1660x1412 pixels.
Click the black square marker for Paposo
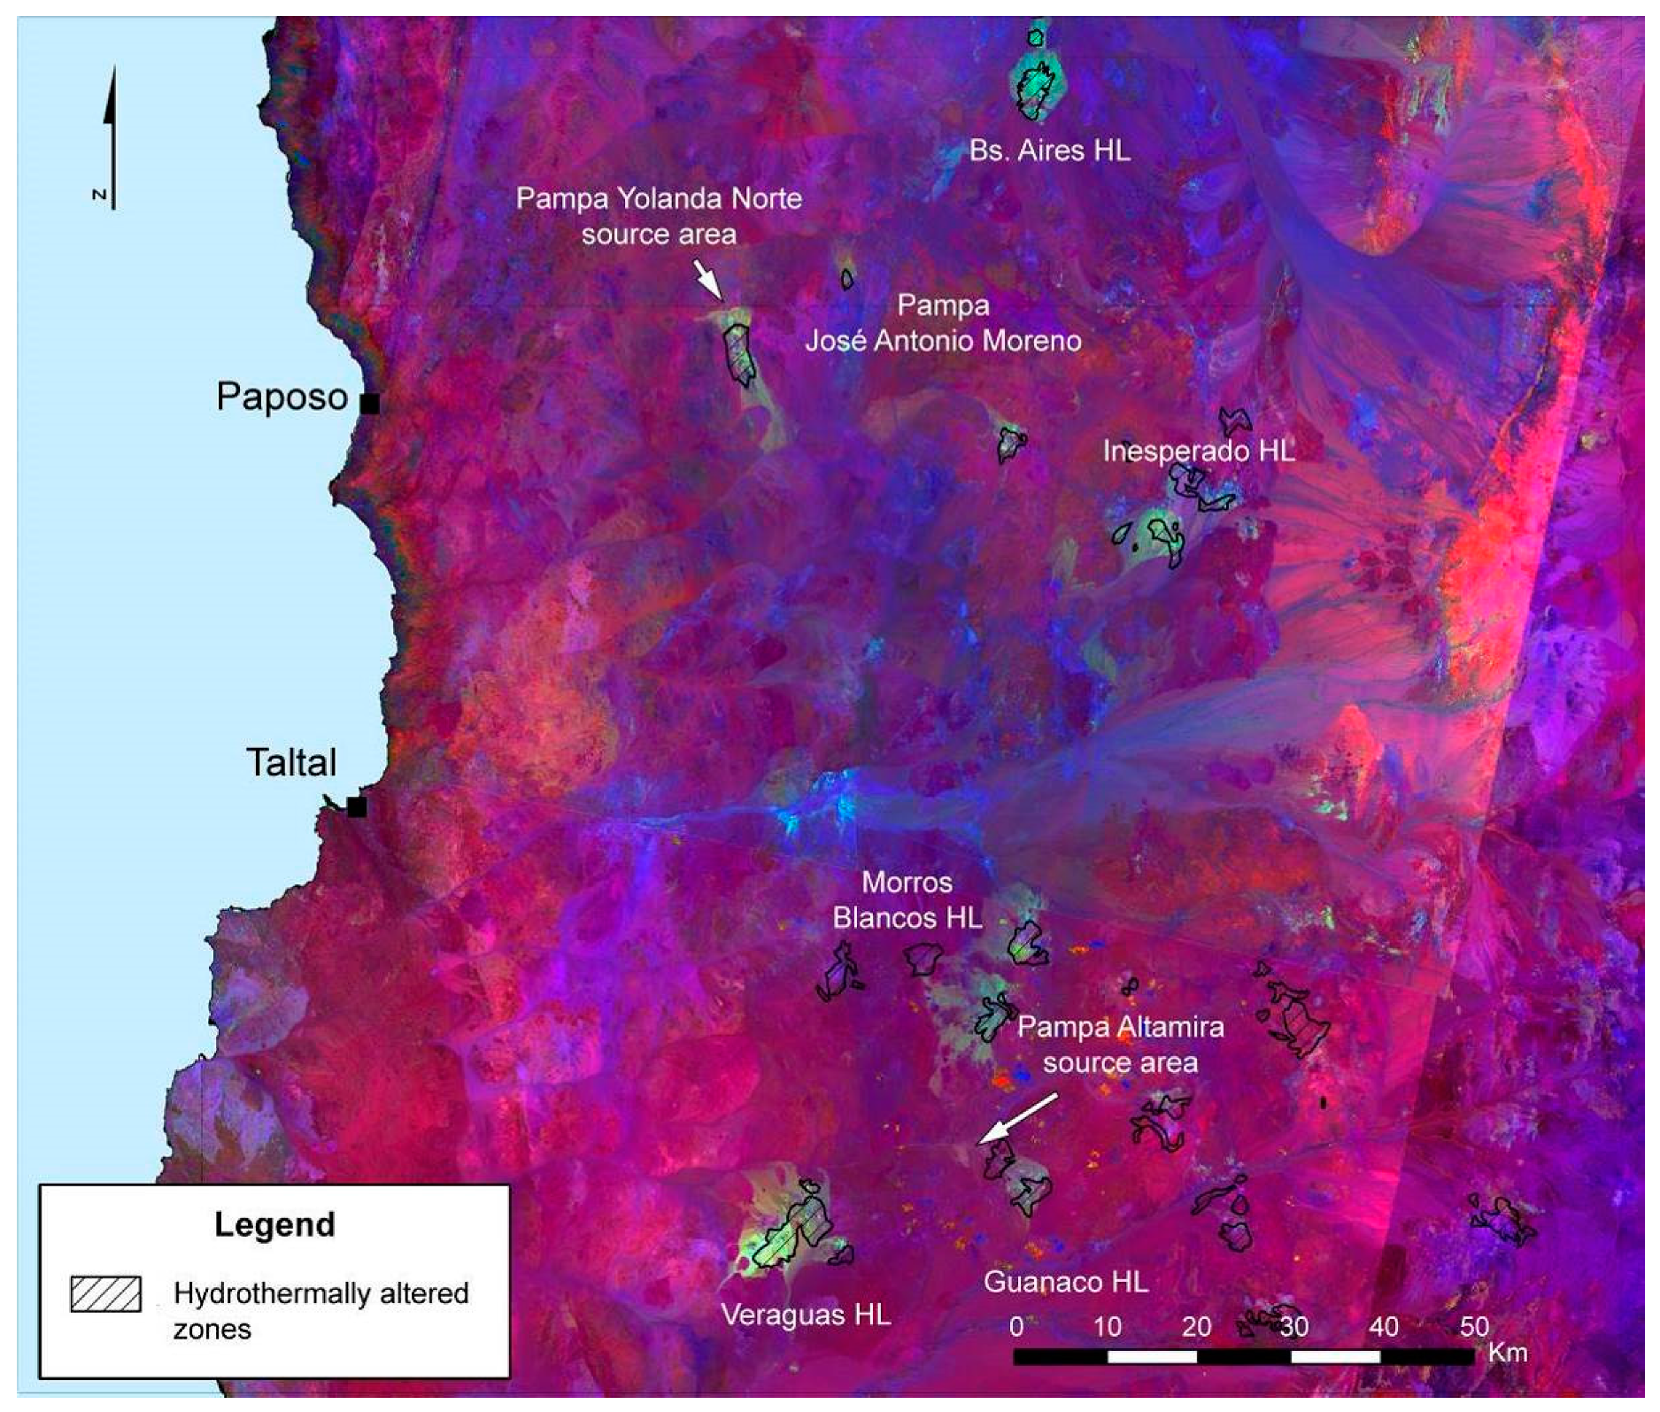[370, 404]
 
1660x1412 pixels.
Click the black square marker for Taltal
[357, 807]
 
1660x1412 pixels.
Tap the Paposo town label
[282, 397]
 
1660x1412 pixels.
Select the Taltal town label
[291, 762]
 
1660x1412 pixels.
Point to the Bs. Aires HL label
[1049, 150]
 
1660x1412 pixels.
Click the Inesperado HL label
[1198, 451]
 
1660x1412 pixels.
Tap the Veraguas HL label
[806, 1315]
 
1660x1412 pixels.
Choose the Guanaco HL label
[1066, 1282]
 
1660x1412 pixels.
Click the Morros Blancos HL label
[907, 900]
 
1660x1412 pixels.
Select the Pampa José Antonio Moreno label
[943, 323]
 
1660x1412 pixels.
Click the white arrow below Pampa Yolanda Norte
[707, 279]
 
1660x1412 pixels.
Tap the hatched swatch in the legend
[105, 1294]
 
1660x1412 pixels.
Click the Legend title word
[274, 1224]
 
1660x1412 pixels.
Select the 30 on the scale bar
[1293, 1326]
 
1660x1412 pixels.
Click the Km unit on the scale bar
[1508, 1352]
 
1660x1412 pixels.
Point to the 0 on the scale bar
[1016, 1326]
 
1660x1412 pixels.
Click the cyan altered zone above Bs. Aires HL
[1036, 84]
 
